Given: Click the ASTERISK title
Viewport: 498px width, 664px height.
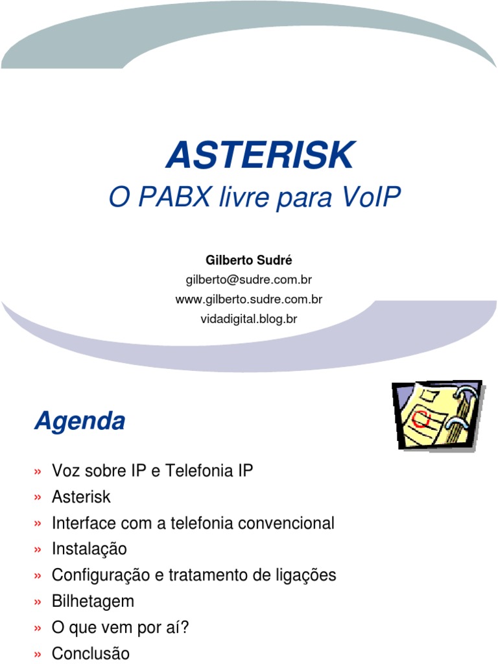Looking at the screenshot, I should pos(260,156).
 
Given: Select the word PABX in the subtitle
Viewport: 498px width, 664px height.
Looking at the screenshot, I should pos(173,198).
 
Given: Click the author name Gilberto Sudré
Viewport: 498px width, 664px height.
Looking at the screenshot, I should pos(249,260).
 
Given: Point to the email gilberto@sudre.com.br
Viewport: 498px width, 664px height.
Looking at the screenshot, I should pos(249,280).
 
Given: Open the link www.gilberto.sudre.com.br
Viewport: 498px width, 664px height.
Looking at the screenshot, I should pos(249,300).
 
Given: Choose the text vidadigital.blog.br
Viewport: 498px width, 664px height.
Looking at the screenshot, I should pos(249,319).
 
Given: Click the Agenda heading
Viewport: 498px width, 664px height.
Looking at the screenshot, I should pos(80,421).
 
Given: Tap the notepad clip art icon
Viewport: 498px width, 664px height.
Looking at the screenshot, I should pos(437,416).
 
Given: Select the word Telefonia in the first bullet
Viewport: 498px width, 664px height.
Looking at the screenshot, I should pos(196,471).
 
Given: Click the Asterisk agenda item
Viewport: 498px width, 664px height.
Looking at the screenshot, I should pos(81,497).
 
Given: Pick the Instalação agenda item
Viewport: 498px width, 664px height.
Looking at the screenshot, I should pos(89,549).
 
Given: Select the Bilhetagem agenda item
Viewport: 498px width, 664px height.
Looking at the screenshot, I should pos(93,601).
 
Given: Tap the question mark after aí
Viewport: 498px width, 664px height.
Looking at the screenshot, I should pos(185,627).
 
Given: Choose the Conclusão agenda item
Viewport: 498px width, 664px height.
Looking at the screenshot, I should pos(91,653).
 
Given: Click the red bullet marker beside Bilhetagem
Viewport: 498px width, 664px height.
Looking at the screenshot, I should pos(38,602).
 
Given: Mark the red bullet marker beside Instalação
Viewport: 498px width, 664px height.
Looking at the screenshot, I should pos(38,551).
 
